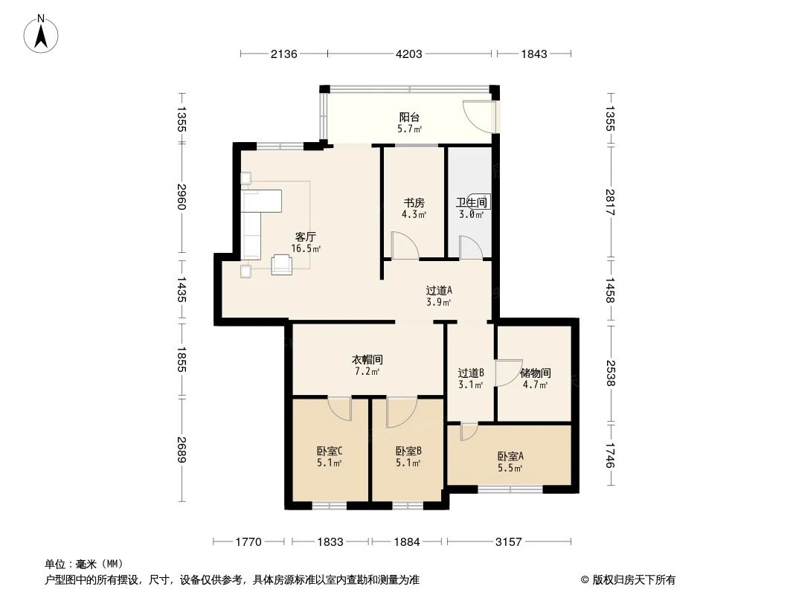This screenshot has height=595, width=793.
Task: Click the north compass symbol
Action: click(x=42, y=33)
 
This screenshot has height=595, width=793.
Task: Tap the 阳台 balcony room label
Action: click(x=409, y=118)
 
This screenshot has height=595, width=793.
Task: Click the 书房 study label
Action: click(x=414, y=202)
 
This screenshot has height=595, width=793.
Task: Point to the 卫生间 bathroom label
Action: click(x=471, y=202)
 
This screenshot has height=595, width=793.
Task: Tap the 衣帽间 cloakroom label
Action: click(x=367, y=359)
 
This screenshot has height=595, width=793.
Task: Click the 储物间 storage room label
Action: click(x=535, y=373)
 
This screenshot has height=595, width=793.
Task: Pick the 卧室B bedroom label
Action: click(x=408, y=451)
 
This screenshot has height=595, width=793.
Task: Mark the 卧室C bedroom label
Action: click(x=329, y=451)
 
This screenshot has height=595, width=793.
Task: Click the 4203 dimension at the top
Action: click(x=408, y=54)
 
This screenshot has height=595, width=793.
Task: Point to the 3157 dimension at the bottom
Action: click(x=509, y=542)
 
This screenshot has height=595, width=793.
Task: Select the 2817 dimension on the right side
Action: click(x=611, y=202)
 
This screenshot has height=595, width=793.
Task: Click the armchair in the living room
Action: click(x=283, y=264)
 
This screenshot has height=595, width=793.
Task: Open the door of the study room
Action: click(x=404, y=246)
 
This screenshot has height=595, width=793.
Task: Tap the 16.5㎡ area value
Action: click(x=306, y=249)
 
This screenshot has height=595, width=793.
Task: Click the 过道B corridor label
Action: click(x=471, y=373)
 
